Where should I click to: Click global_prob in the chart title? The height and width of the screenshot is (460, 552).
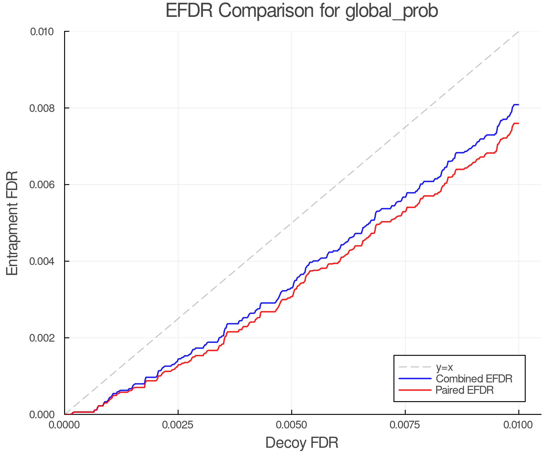(x=392, y=11)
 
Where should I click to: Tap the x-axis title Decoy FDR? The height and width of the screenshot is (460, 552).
(x=302, y=443)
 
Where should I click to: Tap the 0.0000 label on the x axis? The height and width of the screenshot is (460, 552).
(x=64, y=425)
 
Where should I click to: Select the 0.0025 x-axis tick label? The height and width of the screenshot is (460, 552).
(x=178, y=425)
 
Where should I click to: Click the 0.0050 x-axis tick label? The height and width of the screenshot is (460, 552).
(x=291, y=425)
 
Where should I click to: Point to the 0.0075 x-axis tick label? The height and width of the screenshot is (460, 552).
(x=405, y=425)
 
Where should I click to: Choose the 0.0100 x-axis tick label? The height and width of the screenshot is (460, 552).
(x=518, y=425)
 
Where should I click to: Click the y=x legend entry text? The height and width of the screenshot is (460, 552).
(x=444, y=367)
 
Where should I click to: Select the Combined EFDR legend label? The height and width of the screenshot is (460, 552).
(x=474, y=379)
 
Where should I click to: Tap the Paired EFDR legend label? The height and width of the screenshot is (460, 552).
(x=465, y=390)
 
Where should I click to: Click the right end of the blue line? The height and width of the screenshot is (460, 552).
(x=518, y=105)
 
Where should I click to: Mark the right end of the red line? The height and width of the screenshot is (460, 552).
(x=518, y=123)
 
